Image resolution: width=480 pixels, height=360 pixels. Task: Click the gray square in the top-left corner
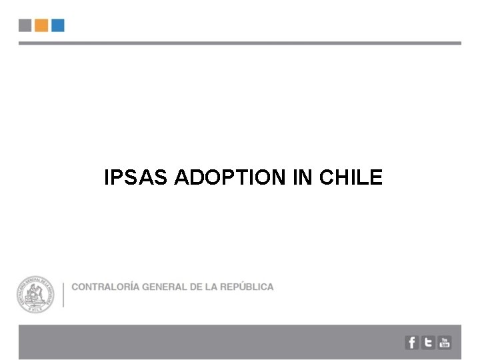coord(25,25)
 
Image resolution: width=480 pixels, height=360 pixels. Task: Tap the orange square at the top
coord(41,25)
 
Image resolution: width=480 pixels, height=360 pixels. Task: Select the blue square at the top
coord(58,25)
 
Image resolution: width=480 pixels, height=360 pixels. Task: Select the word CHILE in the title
coord(351,177)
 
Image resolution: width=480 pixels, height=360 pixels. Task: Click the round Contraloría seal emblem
coord(36,295)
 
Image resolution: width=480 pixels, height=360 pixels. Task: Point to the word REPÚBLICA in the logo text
coord(247,287)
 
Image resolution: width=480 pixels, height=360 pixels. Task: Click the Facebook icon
coord(412,343)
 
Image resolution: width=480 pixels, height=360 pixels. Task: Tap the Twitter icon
coord(428,343)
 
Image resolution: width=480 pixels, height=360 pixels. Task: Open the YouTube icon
coord(445,343)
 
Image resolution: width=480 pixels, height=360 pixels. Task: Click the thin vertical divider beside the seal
coord(63,295)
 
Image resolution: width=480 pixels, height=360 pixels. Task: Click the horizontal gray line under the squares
coord(239,43)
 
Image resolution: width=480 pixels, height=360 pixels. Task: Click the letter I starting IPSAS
coord(107,177)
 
